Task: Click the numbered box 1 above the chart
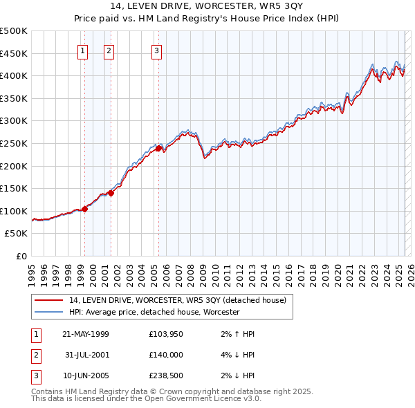click(83, 50)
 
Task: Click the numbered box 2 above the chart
click(109, 50)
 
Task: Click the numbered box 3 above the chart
click(157, 50)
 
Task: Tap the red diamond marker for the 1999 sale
click(85, 209)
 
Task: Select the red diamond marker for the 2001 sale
click(111, 193)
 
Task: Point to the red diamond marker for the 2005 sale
click(158, 148)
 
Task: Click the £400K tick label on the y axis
click(14, 75)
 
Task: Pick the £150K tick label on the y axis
click(14, 188)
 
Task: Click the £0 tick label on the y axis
click(21, 256)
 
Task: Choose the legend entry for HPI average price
click(154, 312)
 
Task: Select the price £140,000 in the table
click(165, 355)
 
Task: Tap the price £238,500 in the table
click(165, 377)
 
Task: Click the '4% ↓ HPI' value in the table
click(239, 355)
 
